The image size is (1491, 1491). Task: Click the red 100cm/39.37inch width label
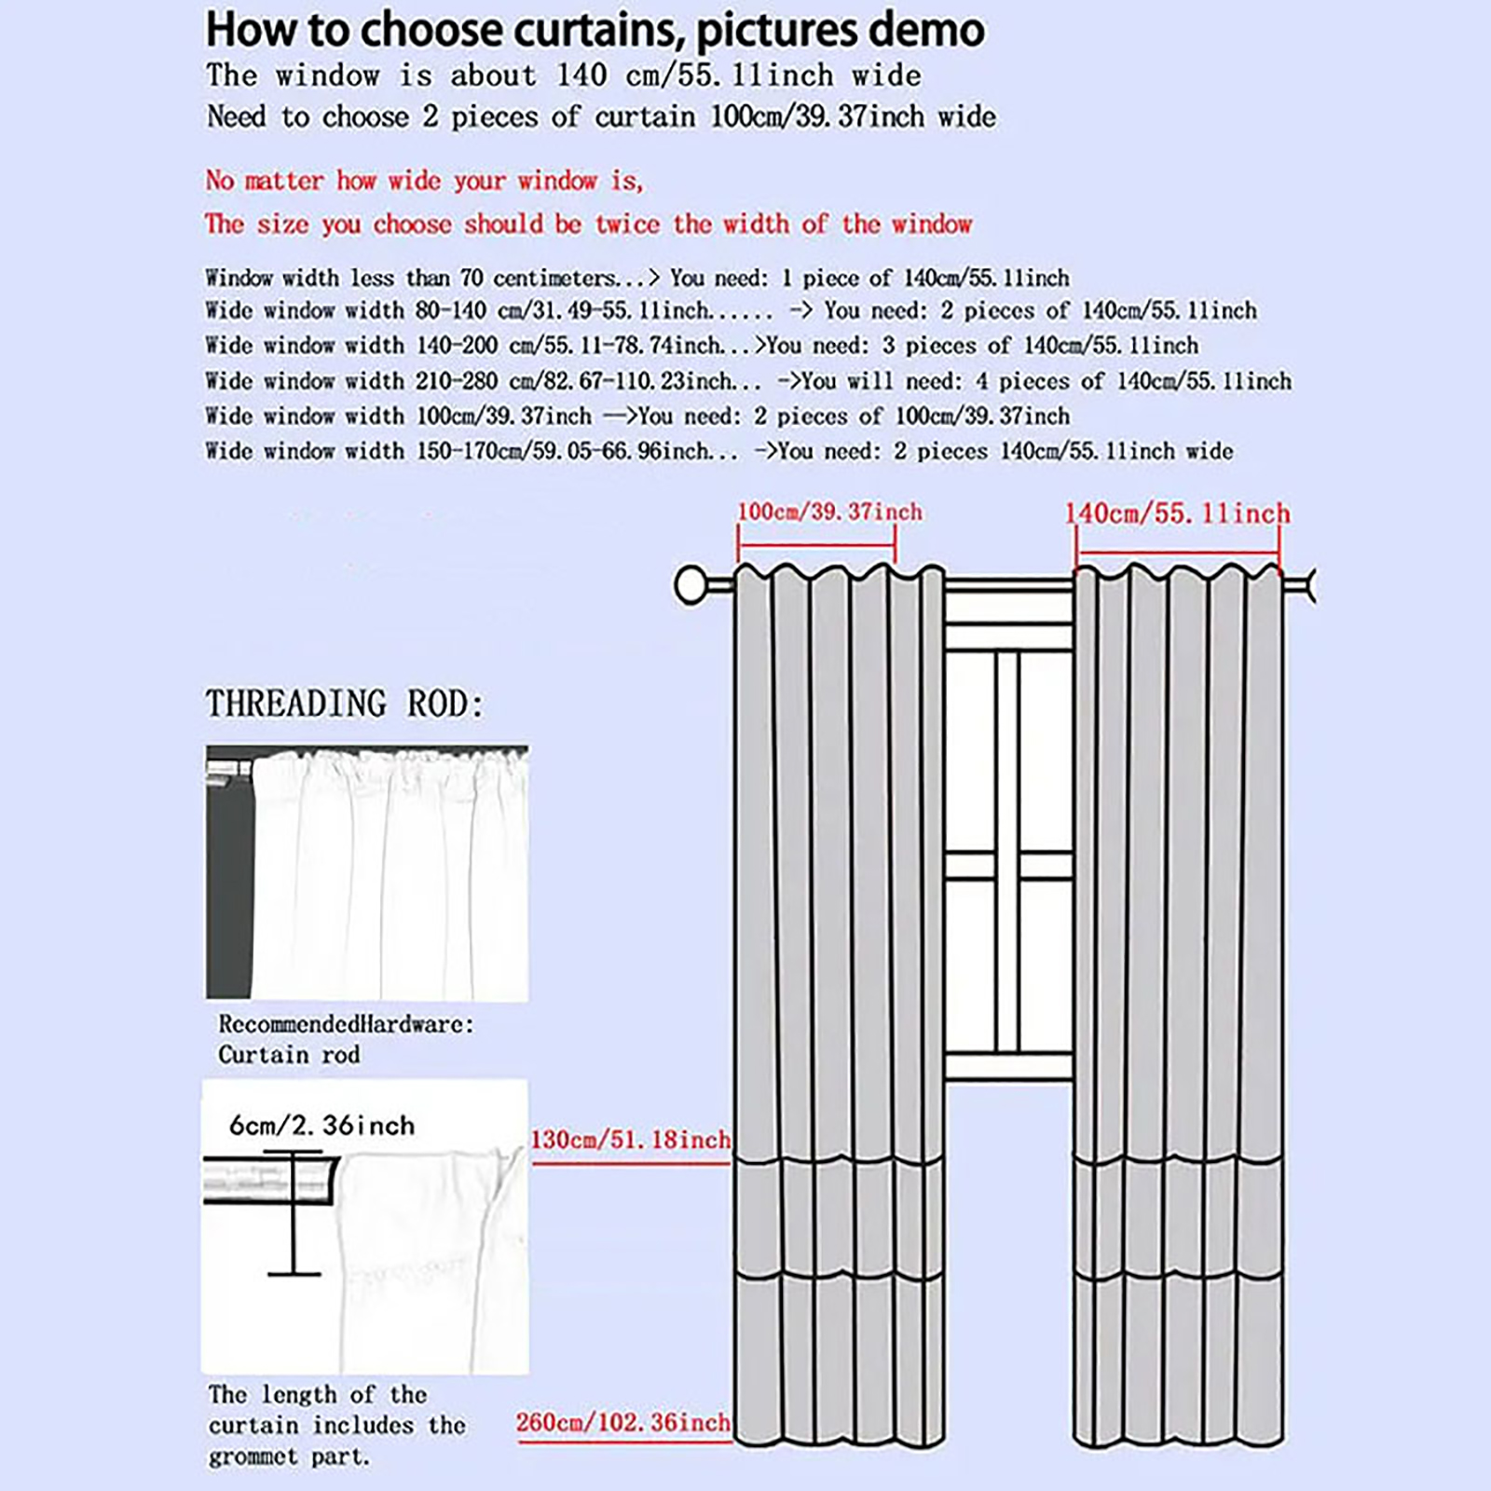pos(829,512)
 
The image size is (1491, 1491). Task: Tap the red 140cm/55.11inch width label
pos(1177,513)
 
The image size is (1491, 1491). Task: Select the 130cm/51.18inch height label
pos(630,1140)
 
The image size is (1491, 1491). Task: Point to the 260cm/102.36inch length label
pos(622,1422)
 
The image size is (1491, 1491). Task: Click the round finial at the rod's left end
pos(691,585)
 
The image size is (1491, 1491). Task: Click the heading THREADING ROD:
pos(345,704)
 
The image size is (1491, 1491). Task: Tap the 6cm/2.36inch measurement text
pos(321,1126)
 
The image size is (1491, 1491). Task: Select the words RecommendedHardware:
pos(346,1024)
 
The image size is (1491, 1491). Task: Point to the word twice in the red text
pos(627,224)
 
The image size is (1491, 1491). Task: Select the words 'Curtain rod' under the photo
pos(289,1055)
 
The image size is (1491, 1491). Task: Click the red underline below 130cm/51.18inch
pos(630,1163)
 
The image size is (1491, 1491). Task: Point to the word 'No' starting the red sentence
pos(220,180)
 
